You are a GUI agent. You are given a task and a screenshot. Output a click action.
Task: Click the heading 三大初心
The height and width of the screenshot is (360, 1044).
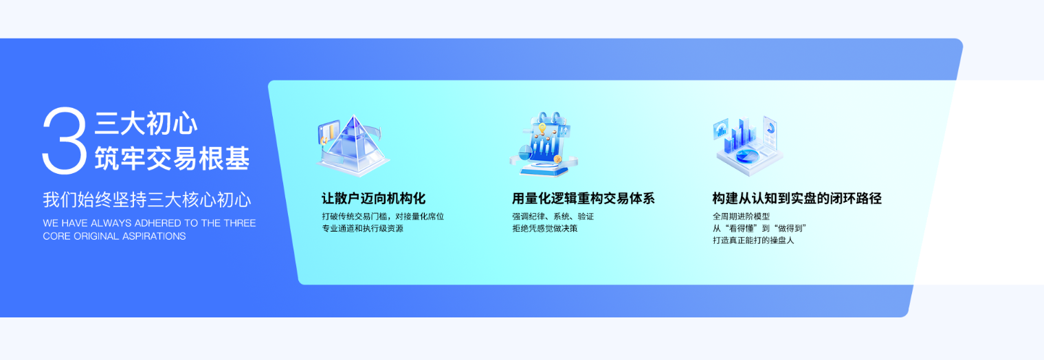coord(146,124)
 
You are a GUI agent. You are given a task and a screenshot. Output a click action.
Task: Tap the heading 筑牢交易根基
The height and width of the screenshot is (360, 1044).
coord(172,158)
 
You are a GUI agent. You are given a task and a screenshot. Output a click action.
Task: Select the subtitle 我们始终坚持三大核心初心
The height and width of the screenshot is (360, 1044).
coord(147,200)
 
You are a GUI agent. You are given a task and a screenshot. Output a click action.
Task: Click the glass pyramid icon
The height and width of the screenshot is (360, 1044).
coord(353,145)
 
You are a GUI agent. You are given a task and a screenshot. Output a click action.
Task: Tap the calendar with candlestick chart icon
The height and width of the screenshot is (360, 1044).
coord(544,144)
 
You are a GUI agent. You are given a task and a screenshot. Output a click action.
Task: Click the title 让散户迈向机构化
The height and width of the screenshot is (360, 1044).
coord(373,199)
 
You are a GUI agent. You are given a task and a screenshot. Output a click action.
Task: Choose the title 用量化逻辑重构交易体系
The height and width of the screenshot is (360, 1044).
coord(583,199)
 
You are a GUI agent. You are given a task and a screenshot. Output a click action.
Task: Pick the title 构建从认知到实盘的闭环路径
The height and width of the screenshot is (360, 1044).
coord(797,199)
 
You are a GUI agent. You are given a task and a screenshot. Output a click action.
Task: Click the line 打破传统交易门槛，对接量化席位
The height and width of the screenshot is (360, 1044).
coord(383,216)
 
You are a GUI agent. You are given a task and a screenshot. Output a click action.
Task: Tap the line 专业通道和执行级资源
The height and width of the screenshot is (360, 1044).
coord(362,229)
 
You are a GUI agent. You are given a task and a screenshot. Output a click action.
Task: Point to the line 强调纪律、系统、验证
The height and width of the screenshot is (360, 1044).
coord(553,216)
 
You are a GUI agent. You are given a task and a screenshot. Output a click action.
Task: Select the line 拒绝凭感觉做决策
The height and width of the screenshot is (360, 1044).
coord(544,229)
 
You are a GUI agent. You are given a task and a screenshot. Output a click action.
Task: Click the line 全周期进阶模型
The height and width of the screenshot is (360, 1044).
coord(741,216)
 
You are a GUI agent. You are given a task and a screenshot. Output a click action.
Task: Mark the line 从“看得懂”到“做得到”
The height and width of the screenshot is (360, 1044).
coord(759,229)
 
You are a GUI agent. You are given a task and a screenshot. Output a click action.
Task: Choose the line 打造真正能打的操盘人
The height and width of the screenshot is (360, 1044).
coord(753,240)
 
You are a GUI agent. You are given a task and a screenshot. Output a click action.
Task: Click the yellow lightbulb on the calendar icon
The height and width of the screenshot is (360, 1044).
coord(542,128)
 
